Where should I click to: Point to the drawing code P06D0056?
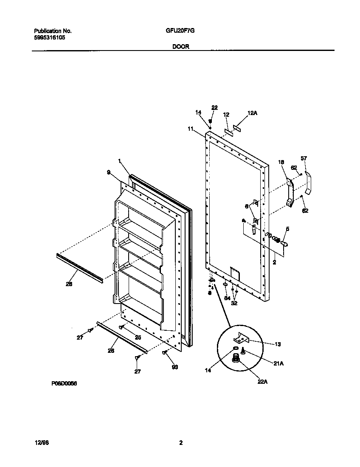coord(64,383)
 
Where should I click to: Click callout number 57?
coord(304,158)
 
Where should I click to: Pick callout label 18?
coord(281,162)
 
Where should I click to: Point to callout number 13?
coord(277,344)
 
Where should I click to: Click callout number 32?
coord(234,303)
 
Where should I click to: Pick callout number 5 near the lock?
coord(287,229)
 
